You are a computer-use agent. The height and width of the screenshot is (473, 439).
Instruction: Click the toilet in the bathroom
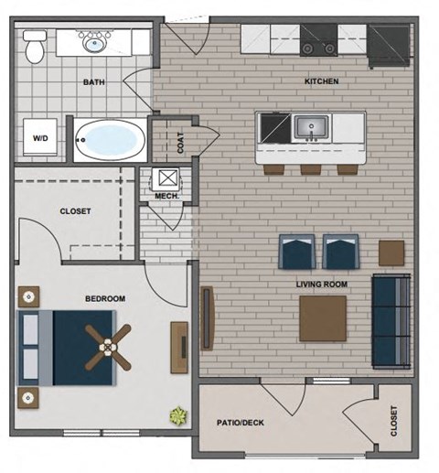pyautogui.click(x=35, y=48)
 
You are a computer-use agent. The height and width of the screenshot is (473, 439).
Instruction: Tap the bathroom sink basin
pyautogui.click(x=91, y=42)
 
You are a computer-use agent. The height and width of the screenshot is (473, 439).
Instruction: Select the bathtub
pyautogui.click(x=109, y=140)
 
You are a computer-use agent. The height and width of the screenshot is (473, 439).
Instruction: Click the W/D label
pyautogui.click(x=41, y=140)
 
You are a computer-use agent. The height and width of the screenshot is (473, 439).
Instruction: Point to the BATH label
pyautogui.click(x=93, y=82)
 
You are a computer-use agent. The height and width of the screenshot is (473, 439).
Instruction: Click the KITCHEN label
pyautogui.click(x=321, y=81)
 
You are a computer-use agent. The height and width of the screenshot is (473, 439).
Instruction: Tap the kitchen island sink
pyautogui.click(x=309, y=126)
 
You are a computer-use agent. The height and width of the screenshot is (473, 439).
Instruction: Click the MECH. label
pyautogui.click(x=166, y=195)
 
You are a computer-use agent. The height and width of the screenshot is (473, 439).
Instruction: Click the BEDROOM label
pyautogui.click(x=105, y=298)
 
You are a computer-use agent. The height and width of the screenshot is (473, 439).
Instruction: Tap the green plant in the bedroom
pyautogui.click(x=177, y=416)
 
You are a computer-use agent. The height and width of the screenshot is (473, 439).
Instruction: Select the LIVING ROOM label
pyautogui.click(x=322, y=285)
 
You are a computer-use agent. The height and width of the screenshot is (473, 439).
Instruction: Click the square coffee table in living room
pyautogui.click(x=323, y=317)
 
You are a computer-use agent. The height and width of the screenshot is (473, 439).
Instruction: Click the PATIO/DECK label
pyautogui.click(x=241, y=423)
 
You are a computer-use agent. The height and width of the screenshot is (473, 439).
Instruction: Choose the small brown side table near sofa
pyautogui.click(x=391, y=253)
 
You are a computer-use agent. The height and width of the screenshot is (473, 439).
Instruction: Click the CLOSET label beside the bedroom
pyautogui.click(x=75, y=211)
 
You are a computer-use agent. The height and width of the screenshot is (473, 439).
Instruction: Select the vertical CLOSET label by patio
pyautogui.click(x=394, y=422)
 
